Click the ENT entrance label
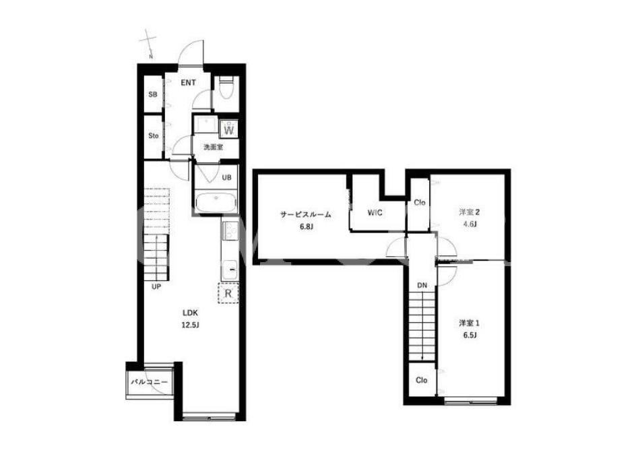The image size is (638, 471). click(188, 83)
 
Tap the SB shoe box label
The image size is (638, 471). click(152, 94)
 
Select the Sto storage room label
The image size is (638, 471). click(154, 135)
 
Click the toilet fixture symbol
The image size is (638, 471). click(225, 88)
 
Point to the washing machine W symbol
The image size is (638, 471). click(229, 129)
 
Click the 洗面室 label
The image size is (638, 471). click(213, 147)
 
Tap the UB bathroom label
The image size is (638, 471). click(226, 177)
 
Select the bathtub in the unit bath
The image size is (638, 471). click(216, 202)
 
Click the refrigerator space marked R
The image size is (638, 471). click(228, 292)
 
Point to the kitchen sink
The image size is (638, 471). click(230, 270)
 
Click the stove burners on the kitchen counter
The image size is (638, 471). click(230, 232)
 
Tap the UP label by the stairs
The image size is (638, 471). click(156, 286)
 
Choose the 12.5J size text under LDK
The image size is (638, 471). click(190, 325)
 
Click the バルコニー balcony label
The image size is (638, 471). click(149, 382)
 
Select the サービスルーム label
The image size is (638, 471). click(306, 214)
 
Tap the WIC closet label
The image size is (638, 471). click(375, 212)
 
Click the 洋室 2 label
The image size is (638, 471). click(469, 212)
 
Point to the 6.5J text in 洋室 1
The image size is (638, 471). click(469, 335)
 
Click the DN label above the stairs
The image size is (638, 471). click(422, 286)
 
